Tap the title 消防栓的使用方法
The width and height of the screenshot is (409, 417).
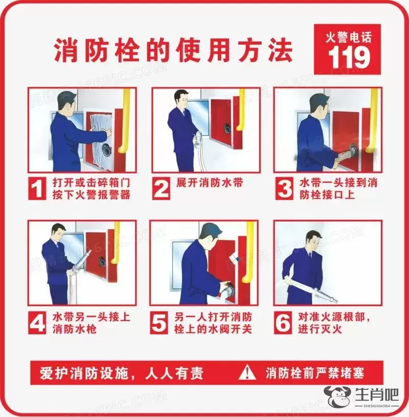tap(173, 50)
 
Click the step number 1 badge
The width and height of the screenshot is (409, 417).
tap(37, 188)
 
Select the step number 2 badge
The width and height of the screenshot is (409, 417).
tap(161, 188)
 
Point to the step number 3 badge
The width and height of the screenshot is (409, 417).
tap(284, 188)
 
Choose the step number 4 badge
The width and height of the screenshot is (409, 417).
tap(37, 323)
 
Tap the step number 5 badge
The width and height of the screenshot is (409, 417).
tap(159, 323)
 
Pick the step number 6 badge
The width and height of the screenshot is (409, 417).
tap(282, 323)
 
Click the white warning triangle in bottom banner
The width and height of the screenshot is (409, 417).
tap(247, 372)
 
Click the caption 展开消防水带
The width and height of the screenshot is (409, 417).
tap(210, 183)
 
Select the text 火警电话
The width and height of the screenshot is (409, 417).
tap(348, 37)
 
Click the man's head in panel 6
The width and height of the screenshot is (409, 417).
tap(313, 240)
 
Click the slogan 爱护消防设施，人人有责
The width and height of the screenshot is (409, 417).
tap(121, 373)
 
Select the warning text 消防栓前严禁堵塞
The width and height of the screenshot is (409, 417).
tap(314, 373)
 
